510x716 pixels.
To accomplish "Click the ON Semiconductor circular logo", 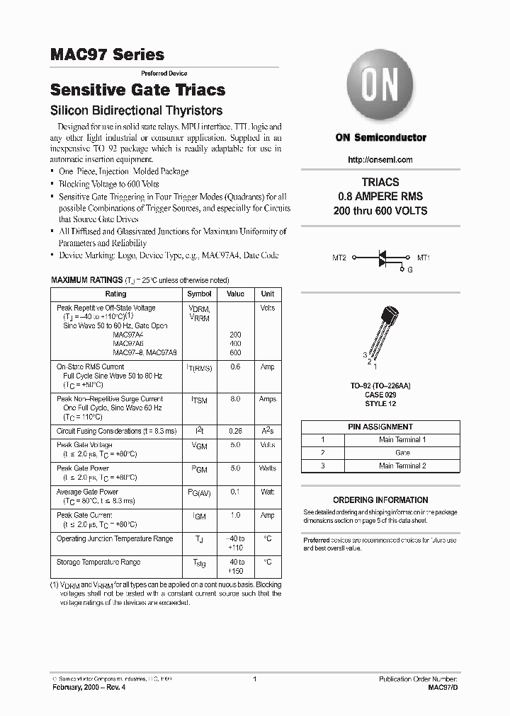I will click(380, 88).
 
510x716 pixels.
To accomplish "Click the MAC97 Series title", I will click(107, 54).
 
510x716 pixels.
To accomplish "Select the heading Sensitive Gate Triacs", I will click(137, 90).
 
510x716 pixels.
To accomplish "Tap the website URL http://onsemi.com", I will click(380, 160).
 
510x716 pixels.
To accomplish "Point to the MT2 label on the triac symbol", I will click(339, 258).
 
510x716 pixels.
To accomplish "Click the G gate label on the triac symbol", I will click(409, 270).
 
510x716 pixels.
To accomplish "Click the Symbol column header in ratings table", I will click(199, 294).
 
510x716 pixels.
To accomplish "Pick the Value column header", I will click(235, 294).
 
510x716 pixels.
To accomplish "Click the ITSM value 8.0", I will click(235, 399).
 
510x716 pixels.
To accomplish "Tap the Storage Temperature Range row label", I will click(98, 562).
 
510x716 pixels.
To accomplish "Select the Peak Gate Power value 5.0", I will click(235, 468).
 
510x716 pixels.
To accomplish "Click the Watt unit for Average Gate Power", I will click(268, 491).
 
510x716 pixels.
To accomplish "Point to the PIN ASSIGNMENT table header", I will click(380, 427).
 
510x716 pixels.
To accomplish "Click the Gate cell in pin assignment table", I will click(402, 452).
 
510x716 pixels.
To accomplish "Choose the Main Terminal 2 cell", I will click(402, 466).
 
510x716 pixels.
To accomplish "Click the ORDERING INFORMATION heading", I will click(380, 500).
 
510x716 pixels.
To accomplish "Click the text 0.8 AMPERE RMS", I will click(380, 196).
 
